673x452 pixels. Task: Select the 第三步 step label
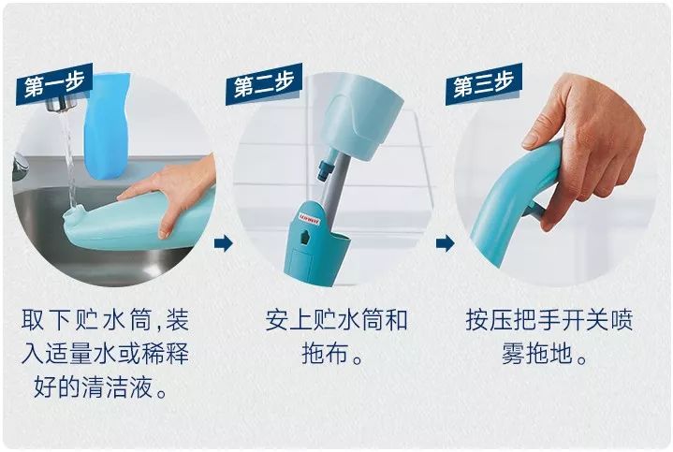pyautogui.click(x=480, y=87)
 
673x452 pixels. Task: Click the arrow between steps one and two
pyautogui.click(x=223, y=244)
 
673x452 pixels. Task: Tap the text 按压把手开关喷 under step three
pyautogui.click(x=549, y=322)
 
